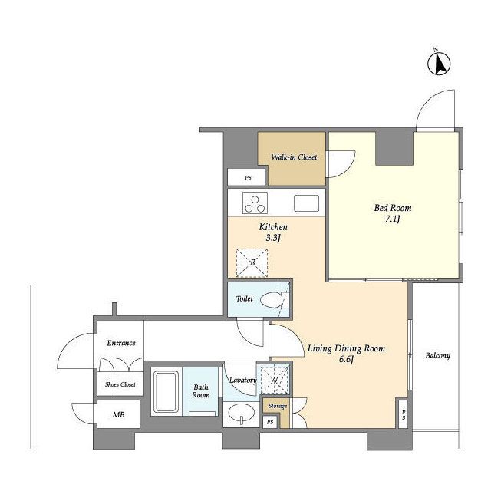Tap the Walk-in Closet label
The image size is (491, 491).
pos(294,157)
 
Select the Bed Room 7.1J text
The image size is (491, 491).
pos(393,213)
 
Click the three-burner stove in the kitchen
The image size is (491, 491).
pos(255,203)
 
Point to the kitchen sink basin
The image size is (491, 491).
pos(307,203)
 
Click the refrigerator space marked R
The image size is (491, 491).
pos(252,262)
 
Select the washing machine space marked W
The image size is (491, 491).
pos(275,380)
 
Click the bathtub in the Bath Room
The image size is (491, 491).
pos(166,392)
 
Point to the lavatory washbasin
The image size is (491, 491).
pos(241,413)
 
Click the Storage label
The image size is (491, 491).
pos(278,406)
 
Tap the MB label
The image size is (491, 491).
pos(118,414)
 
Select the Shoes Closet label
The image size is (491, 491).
pos(120,384)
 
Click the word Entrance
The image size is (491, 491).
pos(121,343)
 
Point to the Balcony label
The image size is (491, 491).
pos(437,356)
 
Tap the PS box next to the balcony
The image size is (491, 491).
pos(404,414)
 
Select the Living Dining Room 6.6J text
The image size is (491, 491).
pos(346,354)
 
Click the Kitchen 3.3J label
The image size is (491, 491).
pos(273,232)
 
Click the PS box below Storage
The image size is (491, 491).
pos(270,422)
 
